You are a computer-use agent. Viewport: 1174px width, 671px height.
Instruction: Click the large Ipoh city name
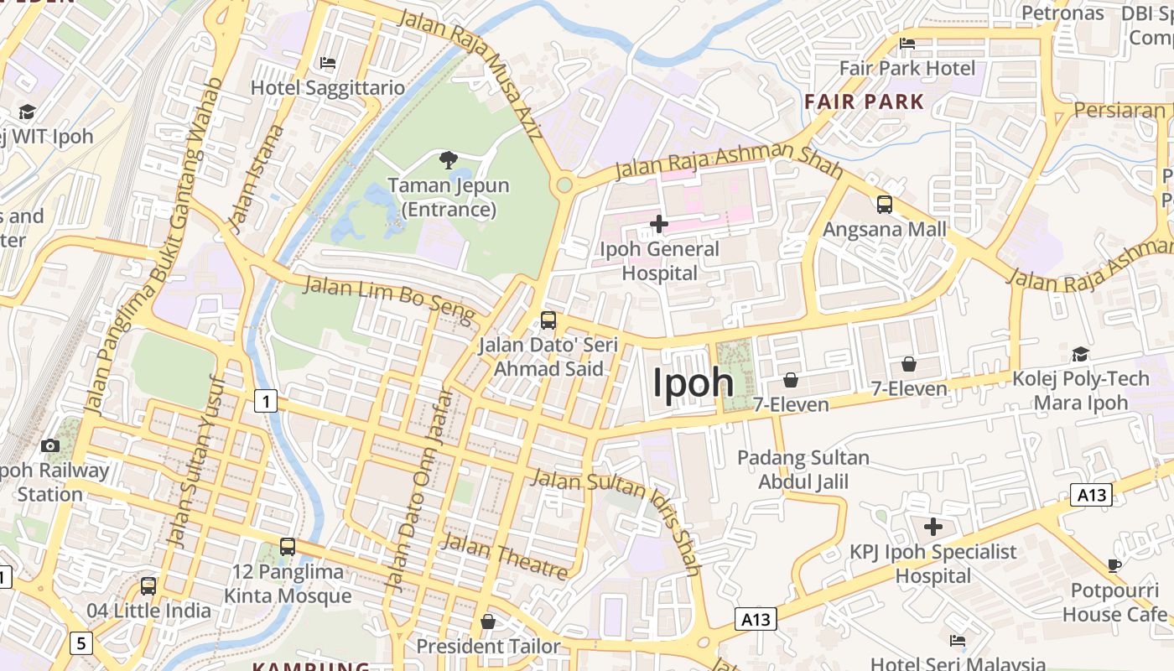693,382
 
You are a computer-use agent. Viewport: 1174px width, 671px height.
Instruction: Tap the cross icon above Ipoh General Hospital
659,223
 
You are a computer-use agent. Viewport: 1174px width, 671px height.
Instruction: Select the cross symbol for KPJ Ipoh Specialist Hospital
933,527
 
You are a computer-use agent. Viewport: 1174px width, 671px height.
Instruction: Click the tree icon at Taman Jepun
449,159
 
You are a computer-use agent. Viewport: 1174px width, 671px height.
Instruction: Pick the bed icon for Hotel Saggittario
328,63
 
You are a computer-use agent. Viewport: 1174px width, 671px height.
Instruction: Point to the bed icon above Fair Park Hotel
906,44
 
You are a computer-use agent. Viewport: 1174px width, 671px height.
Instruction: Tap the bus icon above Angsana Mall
884,204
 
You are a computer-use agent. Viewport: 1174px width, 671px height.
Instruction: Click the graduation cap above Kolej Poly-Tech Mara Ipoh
1080,354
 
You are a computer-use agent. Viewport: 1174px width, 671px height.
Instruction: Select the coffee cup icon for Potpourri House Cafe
1114,565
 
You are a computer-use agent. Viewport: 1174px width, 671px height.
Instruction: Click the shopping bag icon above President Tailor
488,622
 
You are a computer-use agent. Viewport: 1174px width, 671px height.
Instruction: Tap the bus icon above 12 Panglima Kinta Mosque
288,547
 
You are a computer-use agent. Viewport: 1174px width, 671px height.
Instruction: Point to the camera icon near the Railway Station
50,445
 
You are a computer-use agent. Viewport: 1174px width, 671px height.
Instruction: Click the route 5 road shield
81,643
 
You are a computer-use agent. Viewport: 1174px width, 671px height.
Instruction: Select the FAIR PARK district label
864,102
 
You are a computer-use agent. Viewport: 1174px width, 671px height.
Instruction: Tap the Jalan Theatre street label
505,555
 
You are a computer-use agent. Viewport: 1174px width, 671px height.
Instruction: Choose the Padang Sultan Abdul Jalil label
803,470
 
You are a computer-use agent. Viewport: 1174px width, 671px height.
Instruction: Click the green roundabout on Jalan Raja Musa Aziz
564,184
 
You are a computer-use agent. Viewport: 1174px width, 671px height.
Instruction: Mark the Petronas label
1062,13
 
